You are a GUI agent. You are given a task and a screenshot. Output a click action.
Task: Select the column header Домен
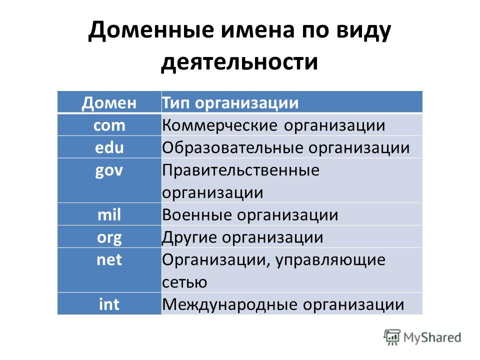click(x=109, y=103)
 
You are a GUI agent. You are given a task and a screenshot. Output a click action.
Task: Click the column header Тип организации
click(x=230, y=103)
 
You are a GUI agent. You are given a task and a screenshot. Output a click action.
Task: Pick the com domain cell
click(x=109, y=125)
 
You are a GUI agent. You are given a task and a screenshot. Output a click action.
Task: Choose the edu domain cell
click(x=109, y=147)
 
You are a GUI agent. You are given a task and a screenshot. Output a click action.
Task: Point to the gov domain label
click(x=109, y=171)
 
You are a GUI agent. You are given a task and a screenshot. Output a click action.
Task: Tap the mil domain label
click(x=109, y=214)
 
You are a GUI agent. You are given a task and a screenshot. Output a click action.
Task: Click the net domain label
click(x=109, y=260)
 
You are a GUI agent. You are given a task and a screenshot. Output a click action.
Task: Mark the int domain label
click(x=109, y=304)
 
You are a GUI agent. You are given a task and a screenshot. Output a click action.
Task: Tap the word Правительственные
click(x=240, y=170)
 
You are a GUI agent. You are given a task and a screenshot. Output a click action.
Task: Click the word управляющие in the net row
click(x=330, y=260)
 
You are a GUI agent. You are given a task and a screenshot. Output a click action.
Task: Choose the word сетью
click(x=184, y=282)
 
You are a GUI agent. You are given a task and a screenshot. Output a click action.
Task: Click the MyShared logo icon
click(x=392, y=337)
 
